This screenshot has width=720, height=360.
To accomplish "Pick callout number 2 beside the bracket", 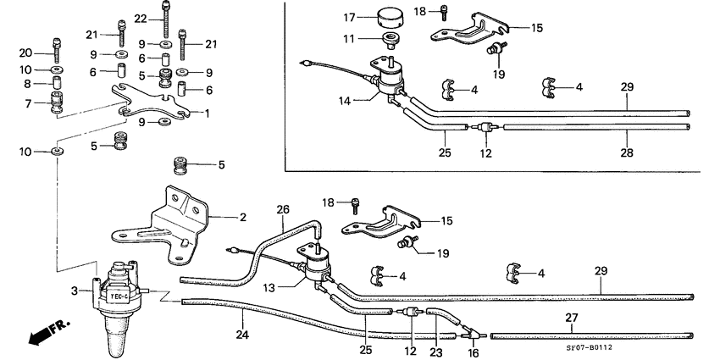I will tap(242, 218).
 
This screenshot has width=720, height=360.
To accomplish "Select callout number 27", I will tap(571, 319).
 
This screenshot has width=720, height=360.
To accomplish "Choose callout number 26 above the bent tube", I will tap(283, 209).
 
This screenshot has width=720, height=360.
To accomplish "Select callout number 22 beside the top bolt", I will tap(141, 19).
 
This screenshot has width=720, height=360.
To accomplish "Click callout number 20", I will tap(25, 53).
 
